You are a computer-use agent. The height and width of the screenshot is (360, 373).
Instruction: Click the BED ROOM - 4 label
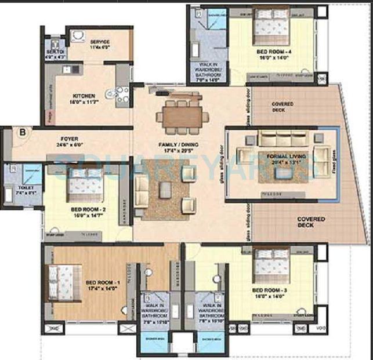tap(271, 52)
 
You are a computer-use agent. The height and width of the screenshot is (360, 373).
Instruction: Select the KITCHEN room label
tap(84, 96)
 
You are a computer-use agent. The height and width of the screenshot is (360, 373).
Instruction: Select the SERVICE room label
tap(99, 42)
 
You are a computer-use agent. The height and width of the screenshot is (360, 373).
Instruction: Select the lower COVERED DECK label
tap(312, 222)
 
